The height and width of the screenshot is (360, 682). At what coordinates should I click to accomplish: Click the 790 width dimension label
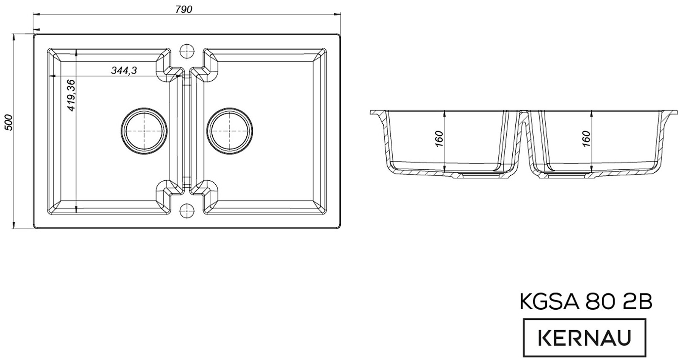coord(184,9)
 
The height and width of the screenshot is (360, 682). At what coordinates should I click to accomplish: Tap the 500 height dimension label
coord(9,122)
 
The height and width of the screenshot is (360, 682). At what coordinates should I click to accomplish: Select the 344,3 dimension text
coord(124,71)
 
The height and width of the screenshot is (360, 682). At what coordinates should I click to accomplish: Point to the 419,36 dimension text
coord(70,95)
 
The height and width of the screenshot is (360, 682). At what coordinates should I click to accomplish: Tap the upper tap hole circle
coord(187,51)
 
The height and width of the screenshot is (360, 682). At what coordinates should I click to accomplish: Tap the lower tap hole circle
coord(187,210)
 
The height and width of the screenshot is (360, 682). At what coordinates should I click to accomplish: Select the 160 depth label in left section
coord(439,139)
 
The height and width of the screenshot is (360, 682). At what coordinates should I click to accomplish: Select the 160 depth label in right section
coord(586,139)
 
